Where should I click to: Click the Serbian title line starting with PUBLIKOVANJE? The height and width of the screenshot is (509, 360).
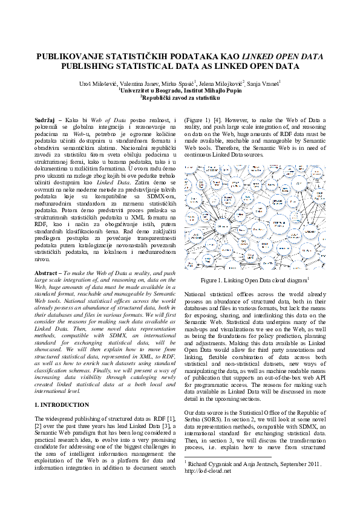180,57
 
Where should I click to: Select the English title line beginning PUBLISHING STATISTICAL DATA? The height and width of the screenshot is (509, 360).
180,66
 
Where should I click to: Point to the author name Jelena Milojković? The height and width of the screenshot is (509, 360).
221,82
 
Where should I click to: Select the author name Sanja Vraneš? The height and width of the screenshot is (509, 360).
263,82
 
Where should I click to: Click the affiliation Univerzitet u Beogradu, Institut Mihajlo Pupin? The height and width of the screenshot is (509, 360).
180,89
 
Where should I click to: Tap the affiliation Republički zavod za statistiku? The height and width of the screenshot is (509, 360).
180,96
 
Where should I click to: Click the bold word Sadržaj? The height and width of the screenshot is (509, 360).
47,121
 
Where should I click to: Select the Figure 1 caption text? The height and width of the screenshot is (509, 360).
254,280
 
